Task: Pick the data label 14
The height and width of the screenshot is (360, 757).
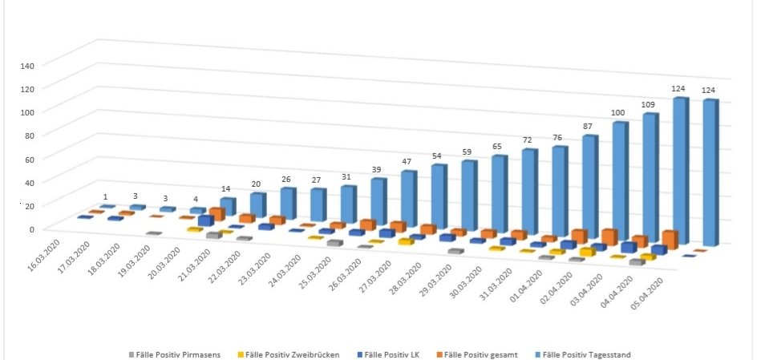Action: [228, 189]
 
